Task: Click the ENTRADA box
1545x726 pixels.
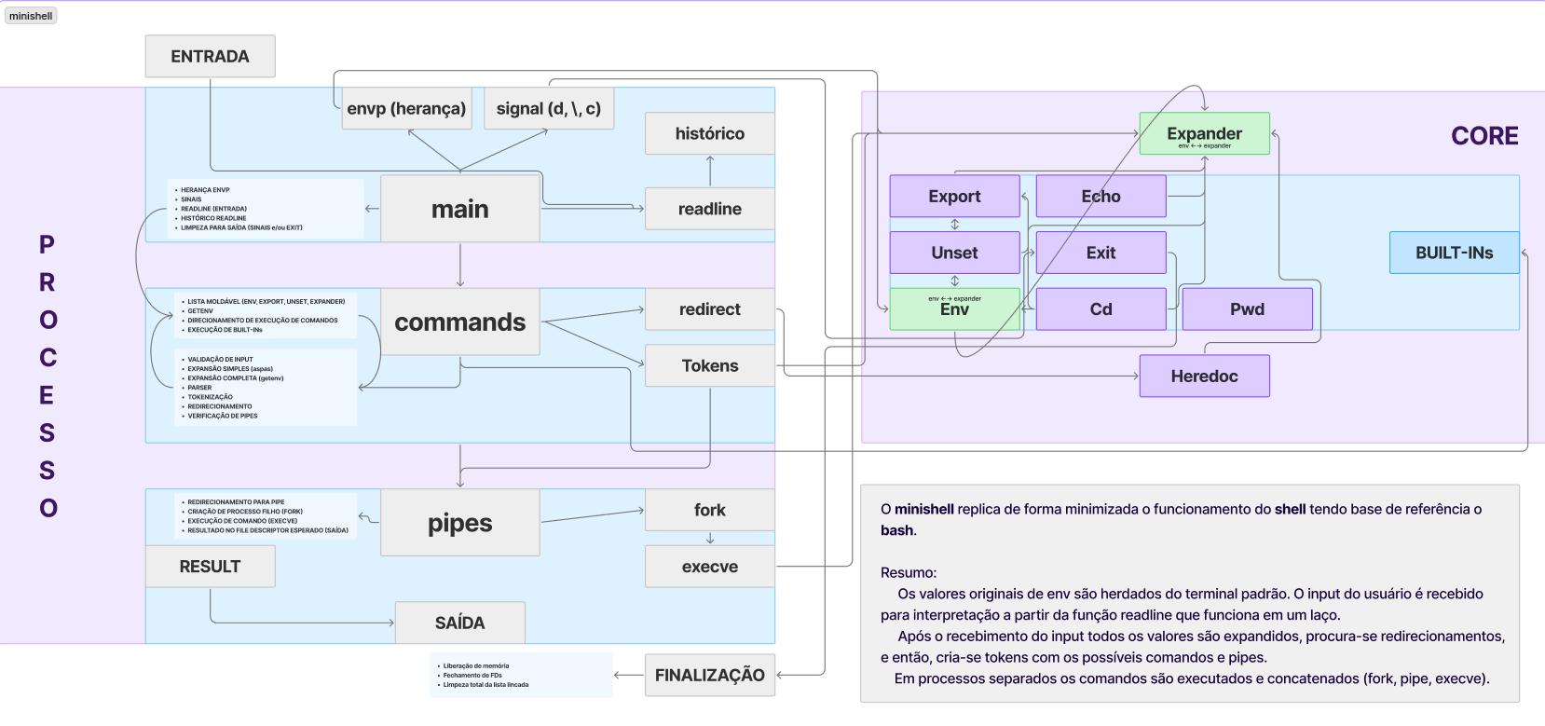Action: pos(210,56)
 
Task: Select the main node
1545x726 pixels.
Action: pos(459,209)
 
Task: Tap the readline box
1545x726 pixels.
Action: pos(709,209)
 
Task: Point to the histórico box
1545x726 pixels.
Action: pos(709,133)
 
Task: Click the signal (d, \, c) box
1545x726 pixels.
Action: pos(548,108)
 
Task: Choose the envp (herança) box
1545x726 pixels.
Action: pos(406,108)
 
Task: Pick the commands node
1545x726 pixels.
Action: pos(459,322)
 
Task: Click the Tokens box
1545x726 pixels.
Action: pos(709,365)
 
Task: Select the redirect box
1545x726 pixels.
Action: pos(709,308)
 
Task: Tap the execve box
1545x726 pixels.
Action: pos(709,566)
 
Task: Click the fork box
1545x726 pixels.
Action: pos(709,510)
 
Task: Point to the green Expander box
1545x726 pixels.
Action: pos(1204,133)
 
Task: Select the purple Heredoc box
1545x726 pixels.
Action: pos(1204,376)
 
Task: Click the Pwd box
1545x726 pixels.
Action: pos(1247,308)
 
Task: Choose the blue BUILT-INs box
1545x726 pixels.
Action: pos(1454,253)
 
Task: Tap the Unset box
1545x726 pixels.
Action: pos(954,253)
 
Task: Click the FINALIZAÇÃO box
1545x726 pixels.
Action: pos(709,675)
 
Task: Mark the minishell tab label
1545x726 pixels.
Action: pos(31,16)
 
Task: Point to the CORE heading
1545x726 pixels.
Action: pos(1484,136)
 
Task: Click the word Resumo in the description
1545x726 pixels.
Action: pos(908,572)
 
